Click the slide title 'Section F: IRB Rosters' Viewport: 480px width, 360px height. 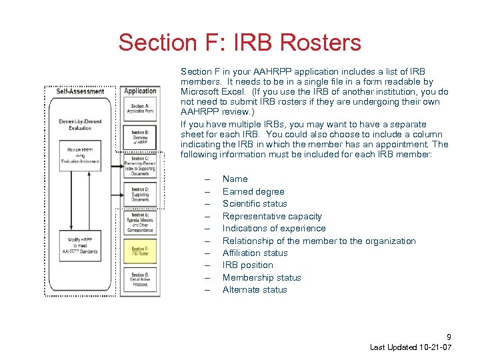click(x=239, y=43)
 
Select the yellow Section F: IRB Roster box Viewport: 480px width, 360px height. click(x=140, y=251)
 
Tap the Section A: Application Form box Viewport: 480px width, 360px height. click(x=140, y=108)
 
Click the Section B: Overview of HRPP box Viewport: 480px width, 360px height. click(x=140, y=137)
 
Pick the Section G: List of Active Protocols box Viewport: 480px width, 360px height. click(x=140, y=279)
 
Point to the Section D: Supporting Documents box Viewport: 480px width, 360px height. click(x=140, y=194)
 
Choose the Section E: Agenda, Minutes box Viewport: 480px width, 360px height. click(x=140, y=223)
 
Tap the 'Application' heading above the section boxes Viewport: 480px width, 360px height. click(x=140, y=91)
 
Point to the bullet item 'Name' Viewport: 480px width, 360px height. click(x=235, y=179)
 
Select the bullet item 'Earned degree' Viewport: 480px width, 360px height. click(x=253, y=191)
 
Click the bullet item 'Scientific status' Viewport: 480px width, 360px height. click(x=255, y=203)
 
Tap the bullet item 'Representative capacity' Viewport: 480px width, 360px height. click(x=272, y=216)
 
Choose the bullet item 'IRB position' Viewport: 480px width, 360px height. click(x=247, y=265)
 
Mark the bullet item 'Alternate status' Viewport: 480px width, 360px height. click(x=255, y=289)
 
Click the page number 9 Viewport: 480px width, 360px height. click(x=449, y=337)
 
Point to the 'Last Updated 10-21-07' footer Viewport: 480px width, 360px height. click(x=411, y=348)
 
